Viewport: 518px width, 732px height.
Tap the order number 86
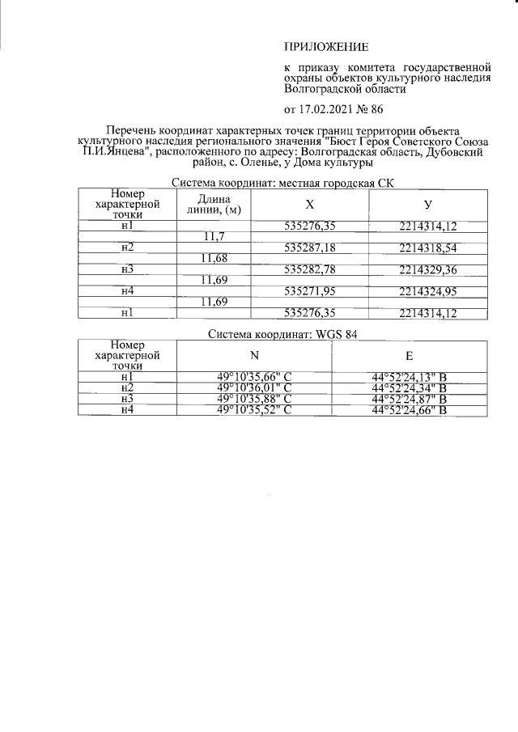coord(376,109)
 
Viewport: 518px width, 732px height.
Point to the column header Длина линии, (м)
coord(214,205)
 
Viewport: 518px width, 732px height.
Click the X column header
coord(310,205)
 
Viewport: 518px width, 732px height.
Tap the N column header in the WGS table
coord(254,355)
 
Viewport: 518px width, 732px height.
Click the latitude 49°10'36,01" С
coord(254,387)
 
